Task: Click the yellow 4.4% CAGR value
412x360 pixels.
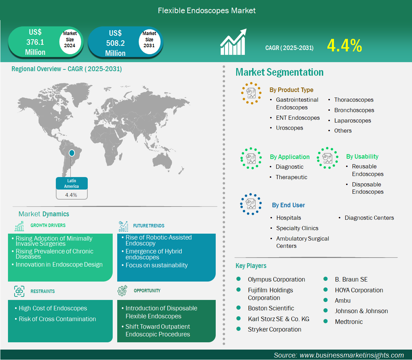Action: [x=344, y=46]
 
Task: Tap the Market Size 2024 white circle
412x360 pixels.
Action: [x=70, y=40]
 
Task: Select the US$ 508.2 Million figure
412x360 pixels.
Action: [x=115, y=43]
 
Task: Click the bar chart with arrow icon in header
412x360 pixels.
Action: [x=233, y=42]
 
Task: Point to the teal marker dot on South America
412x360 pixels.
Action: [x=72, y=153]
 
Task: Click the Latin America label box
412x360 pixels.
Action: [x=72, y=183]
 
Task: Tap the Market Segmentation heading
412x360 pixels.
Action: [x=279, y=72]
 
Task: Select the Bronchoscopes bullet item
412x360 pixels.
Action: [x=354, y=110]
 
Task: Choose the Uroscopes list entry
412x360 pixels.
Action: [x=289, y=128]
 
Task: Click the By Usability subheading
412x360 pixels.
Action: [x=362, y=157]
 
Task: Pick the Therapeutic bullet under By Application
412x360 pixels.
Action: [x=291, y=177]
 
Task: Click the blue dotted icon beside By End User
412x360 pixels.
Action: [x=251, y=204]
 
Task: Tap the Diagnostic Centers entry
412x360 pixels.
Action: [x=369, y=218]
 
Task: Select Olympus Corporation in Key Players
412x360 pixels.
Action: [x=276, y=279]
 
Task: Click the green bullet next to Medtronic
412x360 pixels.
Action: [x=326, y=321]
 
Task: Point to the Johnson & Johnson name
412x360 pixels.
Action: [x=361, y=311]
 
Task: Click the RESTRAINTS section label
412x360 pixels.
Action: [x=42, y=291]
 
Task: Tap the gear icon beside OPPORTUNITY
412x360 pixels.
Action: [x=122, y=291]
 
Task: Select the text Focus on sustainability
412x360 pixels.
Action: [x=156, y=265]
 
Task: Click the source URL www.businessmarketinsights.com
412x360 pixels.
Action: [x=351, y=355]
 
